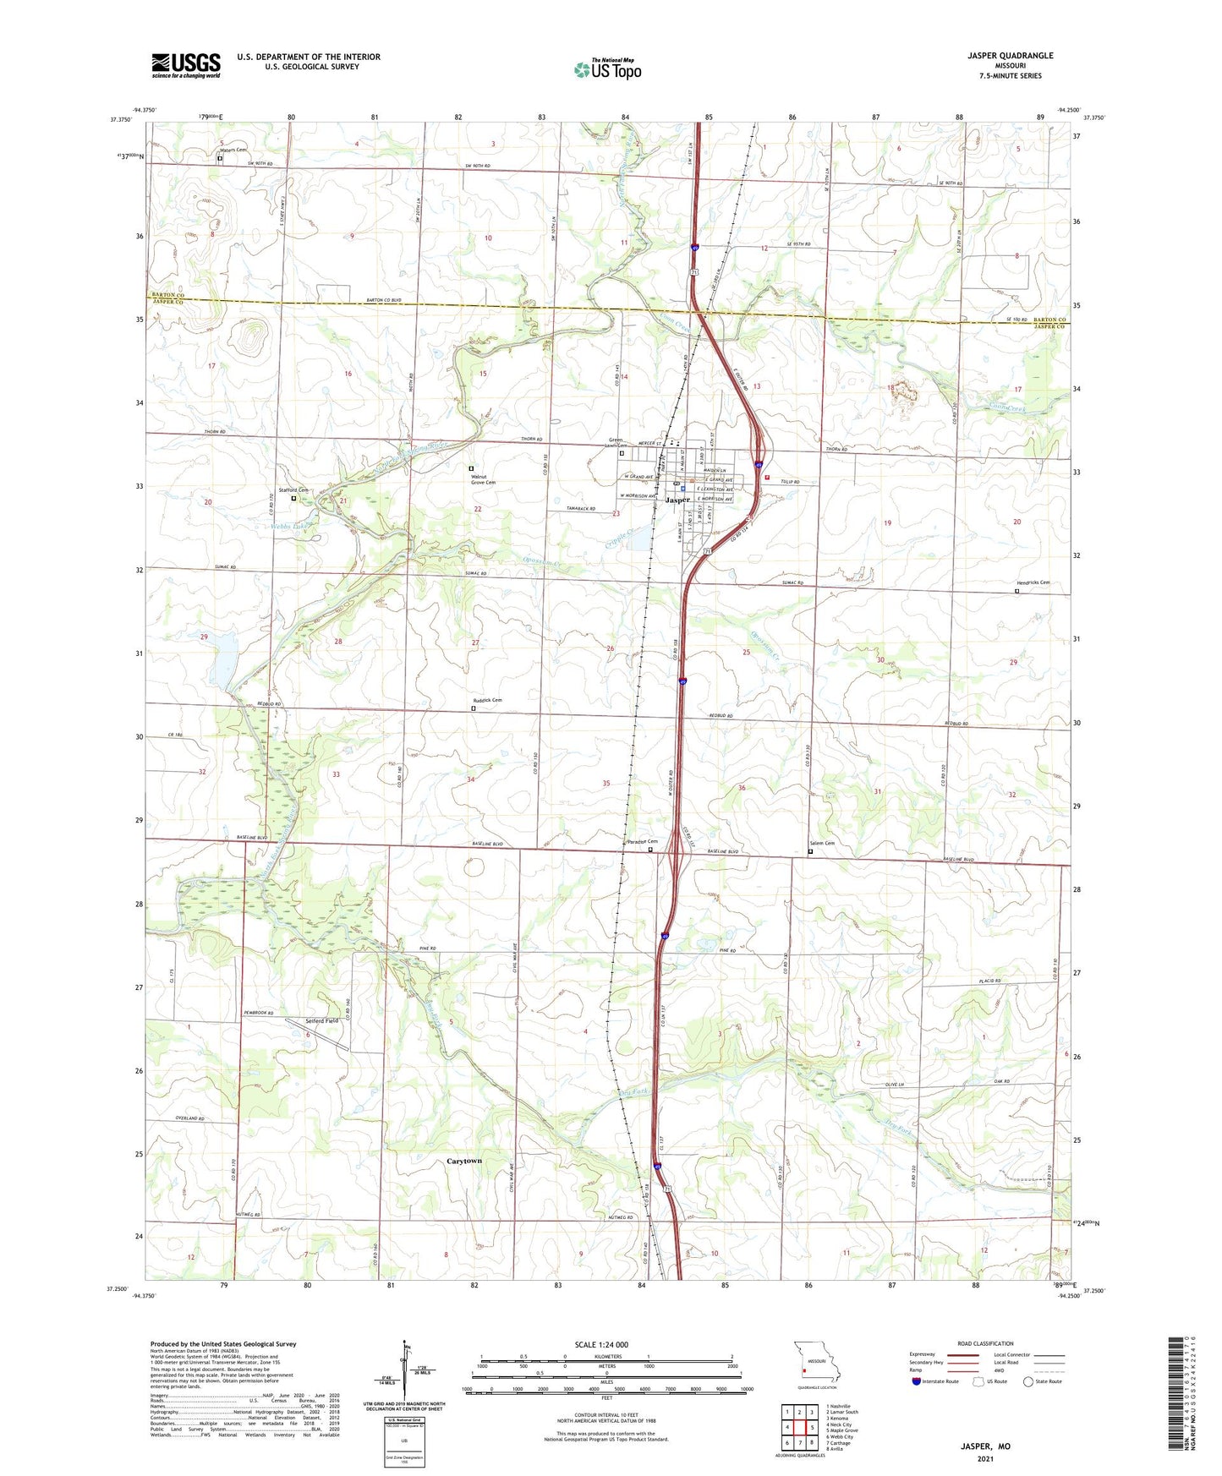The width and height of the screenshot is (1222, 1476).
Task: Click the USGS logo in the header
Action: [x=185, y=65]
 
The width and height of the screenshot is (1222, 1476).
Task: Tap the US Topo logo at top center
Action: [x=607, y=68]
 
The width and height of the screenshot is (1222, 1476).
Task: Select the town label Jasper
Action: [x=678, y=500]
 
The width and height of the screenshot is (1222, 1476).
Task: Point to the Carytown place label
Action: [x=463, y=1161]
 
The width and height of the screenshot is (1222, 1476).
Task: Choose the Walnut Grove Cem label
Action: [x=484, y=478]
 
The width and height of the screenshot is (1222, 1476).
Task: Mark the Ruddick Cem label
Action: [x=487, y=700]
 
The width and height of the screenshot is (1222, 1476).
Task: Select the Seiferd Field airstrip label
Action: [x=322, y=1021]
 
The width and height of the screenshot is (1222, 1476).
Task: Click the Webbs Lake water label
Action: [x=287, y=525]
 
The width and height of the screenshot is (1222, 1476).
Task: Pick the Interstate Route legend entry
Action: [x=939, y=1381]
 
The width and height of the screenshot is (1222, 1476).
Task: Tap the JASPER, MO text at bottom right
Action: [x=985, y=1446]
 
